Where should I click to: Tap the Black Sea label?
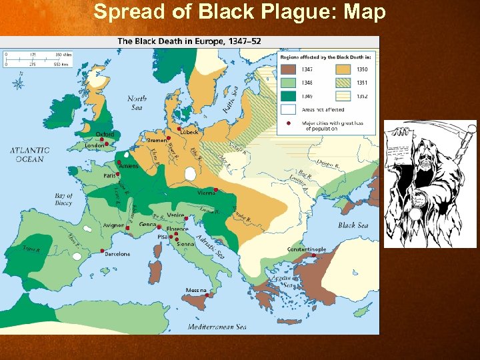[353, 225]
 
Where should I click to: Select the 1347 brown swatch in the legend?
[288, 68]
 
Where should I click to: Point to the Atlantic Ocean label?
[29, 155]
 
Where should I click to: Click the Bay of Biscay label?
[63, 200]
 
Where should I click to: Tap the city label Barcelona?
[117, 254]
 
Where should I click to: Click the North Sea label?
[137, 102]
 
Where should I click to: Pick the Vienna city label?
[206, 193]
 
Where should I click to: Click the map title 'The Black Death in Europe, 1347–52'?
[189, 41]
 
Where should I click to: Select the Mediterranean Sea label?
[217, 327]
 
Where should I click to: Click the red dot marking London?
[106, 143]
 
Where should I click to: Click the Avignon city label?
[113, 225]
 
